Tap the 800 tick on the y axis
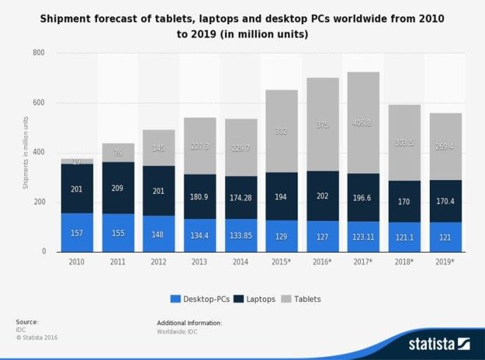tap(38, 54)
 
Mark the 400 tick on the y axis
tap(38, 153)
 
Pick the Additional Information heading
tap(189, 323)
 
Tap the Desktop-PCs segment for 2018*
tap(403, 237)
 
